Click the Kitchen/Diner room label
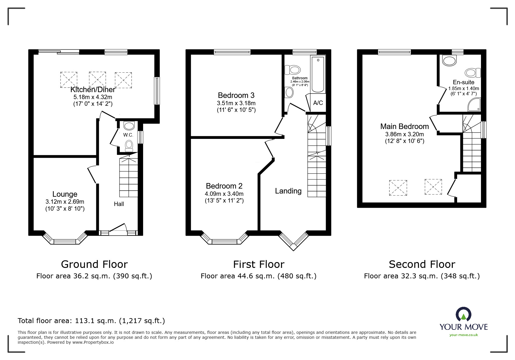point(93,90)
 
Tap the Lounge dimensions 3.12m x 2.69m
point(65,202)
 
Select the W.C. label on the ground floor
point(128,135)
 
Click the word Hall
point(119,204)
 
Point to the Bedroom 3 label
point(236,95)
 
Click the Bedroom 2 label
point(224,186)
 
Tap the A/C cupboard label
point(318,103)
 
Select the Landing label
point(288,191)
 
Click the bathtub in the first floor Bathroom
point(318,74)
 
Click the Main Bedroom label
point(404,126)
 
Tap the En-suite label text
point(464,82)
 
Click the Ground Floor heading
point(94,264)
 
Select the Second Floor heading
point(422,264)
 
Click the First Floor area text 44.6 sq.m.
point(258,276)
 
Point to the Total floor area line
point(91,321)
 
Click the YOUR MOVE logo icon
point(464,314)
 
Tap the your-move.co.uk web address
point(464,335)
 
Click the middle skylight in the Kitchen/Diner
point(97,79)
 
